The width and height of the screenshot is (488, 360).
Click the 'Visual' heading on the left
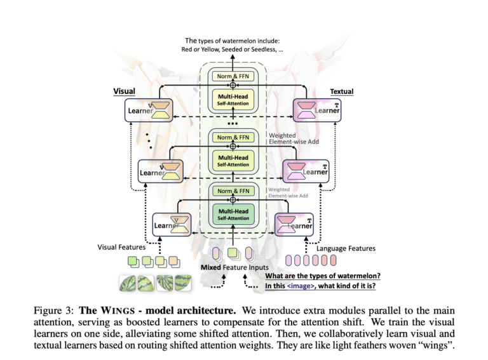[124, 91]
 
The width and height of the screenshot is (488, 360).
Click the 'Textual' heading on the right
[341, 91]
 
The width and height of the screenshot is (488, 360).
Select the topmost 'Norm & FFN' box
[233, 76]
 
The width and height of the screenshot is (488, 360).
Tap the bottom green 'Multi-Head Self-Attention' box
[233, 215]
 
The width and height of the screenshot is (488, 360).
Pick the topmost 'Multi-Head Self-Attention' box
[233, 100]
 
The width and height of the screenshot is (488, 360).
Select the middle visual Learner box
[161, 171]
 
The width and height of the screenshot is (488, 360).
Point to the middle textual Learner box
[306, 171]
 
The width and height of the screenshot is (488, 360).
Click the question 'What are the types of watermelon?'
[322, 275]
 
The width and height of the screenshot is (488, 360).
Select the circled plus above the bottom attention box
[233, 199]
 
